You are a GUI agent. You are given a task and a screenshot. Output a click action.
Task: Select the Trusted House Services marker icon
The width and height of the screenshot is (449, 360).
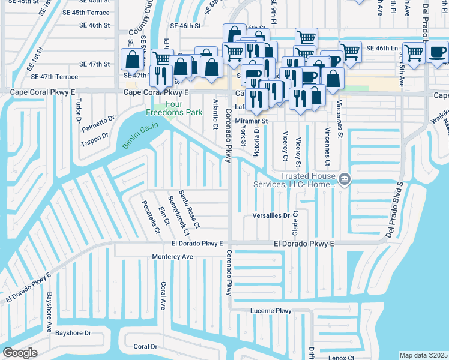coord(345,179)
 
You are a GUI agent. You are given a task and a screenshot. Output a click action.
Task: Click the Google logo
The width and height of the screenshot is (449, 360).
coord(20,353)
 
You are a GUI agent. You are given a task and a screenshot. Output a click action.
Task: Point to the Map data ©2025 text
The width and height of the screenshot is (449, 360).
coord(423,355)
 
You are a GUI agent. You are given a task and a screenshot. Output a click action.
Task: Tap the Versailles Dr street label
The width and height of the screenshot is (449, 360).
coord(271,215)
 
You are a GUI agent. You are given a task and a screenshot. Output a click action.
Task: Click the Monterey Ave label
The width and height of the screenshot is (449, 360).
coord(173,256)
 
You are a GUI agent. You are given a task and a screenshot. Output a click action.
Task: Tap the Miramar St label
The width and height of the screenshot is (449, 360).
coord(250,121)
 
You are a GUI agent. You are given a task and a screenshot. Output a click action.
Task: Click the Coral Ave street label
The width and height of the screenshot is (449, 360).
coord(162,296)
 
